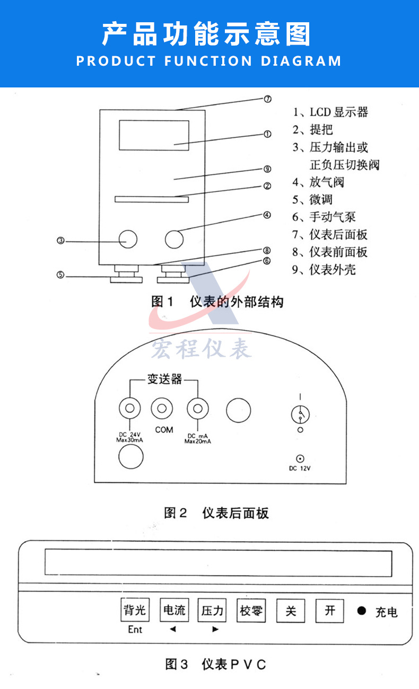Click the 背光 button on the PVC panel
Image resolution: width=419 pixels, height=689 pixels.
click(x=134, y=610)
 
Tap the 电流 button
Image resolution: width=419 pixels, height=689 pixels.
click(x=174, y=610)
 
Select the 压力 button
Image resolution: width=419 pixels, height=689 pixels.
click(x=212, y=611)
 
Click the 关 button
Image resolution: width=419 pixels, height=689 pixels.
click(x=291, y=611)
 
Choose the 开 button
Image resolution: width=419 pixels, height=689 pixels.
click(x=330, y=611)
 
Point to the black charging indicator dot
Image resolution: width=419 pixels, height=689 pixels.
click(x=362, y=611)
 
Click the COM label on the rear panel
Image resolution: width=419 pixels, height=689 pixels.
click(x=164, y=430)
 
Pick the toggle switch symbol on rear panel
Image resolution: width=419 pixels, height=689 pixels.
click(x=300, y=413)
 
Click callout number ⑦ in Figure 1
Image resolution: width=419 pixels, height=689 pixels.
click(x=268, y=99)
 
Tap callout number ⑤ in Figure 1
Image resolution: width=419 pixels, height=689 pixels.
click(x=61, y=275)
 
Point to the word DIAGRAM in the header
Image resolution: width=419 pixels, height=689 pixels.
click(x=301, y=61)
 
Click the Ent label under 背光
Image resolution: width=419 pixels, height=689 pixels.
click(x=135, y=630)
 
